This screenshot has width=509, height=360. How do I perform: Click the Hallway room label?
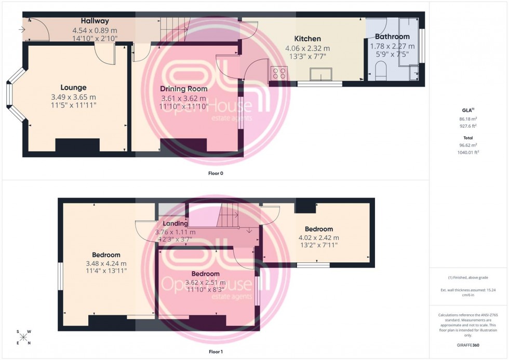click(95, 21)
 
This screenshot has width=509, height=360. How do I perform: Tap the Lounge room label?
click(73, 88)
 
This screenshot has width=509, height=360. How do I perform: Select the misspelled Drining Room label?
click(184, 89)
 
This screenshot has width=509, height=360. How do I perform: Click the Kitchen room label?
click(307, 39)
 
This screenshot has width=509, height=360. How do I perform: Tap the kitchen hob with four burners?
click(278, 74)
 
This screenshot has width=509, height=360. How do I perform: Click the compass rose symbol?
click(24, 337)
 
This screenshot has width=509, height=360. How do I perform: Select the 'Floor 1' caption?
click(215, 352)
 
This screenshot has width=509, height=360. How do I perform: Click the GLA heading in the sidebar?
click(466, 111)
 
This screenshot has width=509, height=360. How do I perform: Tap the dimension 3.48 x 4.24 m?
click(106, 263)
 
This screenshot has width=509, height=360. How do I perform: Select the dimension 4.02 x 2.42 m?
click(318, 237)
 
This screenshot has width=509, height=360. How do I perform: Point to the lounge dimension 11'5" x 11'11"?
click(73, 105)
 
